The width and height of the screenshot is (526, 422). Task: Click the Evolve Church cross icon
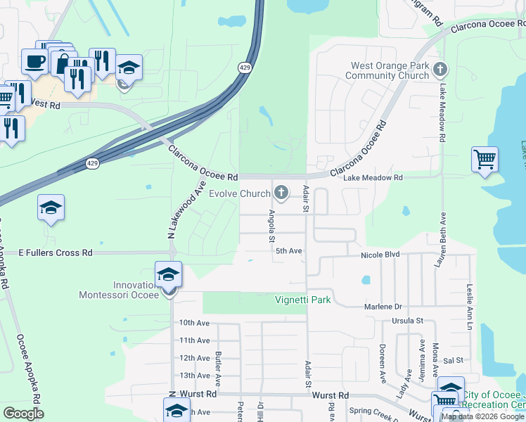[282, 192]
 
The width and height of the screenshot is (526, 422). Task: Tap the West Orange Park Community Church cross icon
[440, 69]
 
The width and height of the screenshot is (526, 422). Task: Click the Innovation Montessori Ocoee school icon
[169, 274]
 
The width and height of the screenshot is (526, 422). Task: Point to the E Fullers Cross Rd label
[56, 252]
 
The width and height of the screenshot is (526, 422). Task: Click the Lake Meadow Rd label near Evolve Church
[373, 179]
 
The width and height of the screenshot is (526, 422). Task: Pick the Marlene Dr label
[383, 307]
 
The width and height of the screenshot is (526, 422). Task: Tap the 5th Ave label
[288, 250]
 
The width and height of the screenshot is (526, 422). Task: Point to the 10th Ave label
[194, 323]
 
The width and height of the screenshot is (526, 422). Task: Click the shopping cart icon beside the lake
[485, 159]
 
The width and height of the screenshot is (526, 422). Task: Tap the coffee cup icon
[34, 61]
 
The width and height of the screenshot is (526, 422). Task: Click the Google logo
[23, 414]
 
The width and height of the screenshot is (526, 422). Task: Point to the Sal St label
[454, 360]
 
